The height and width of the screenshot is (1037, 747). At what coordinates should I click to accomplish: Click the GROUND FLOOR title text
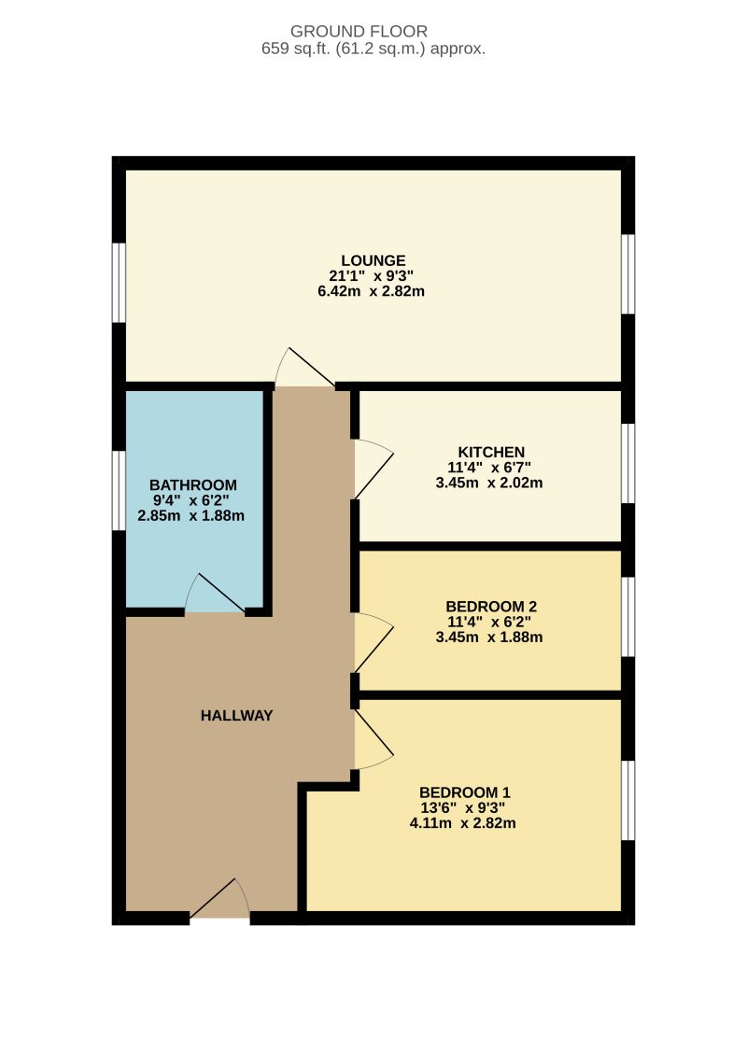click(x=373, y=31)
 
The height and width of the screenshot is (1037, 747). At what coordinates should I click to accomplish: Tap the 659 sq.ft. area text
click(x=373, y=49)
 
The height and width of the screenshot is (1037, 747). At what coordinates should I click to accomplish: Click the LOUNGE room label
click(x=373, y=260)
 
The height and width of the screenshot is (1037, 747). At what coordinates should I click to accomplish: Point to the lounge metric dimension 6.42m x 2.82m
click(x=373, y=291)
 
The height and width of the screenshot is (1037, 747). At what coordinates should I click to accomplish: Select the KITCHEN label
click(x=490, y=453)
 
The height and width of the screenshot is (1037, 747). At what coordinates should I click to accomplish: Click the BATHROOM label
click(x=193, y=485)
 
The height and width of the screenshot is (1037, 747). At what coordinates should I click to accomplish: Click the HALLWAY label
click(x=237, y=716)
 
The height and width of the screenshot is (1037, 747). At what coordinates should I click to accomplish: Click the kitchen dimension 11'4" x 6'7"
click(x=490, y=468)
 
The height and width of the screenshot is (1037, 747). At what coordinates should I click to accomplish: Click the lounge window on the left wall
click(x=119, y=283)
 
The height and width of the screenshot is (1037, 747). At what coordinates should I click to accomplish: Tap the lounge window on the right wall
click(x=628, y=273)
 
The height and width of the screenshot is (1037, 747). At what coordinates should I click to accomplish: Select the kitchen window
click(x=628, y=463)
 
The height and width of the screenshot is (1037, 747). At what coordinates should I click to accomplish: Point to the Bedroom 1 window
click(x=628, y=800)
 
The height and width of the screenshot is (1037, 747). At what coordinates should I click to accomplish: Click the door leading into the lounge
click(x=303, y=370)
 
